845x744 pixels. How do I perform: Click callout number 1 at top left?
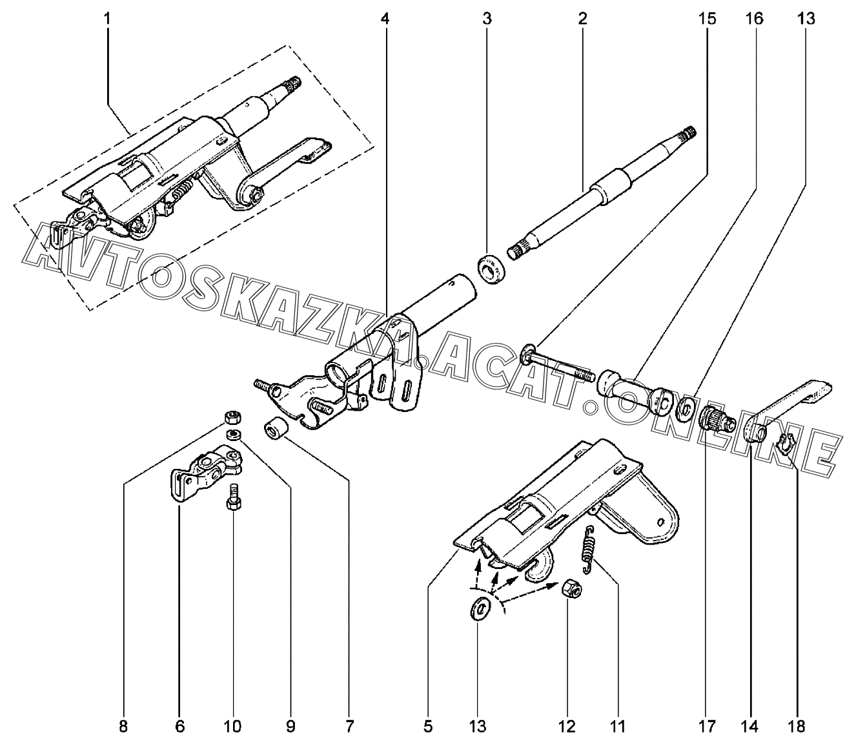[x=108, y=19]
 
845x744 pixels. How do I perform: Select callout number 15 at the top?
[x=708, y=19]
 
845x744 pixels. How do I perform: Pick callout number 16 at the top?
[x=755, y=19]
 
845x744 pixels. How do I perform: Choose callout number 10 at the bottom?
[x=233, y=727]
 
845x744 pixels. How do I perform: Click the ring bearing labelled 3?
[x=491, y=269]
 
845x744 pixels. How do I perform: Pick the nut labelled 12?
[x=571, y=588]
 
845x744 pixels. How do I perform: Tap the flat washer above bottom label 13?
[x=479, y=610]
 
